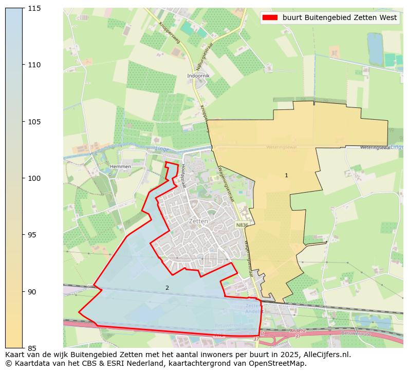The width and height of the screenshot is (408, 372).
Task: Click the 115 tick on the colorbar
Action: coord(34,8)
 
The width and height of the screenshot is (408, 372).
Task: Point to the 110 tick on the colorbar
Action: coord(34,65)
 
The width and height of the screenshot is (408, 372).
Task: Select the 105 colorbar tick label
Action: coord(34,122)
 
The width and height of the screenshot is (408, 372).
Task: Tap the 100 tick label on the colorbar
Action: coord(34,178)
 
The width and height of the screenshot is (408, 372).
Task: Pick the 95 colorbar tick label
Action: coord(34,235)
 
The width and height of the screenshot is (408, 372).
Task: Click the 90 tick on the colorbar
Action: coord(34,291)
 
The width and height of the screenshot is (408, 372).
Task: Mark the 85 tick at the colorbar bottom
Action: coord(34,348)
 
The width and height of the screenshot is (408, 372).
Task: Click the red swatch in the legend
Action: coord(270,17)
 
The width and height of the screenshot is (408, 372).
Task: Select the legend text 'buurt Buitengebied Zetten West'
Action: coord(340,17)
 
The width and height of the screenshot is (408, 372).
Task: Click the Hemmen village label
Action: coord(120,167)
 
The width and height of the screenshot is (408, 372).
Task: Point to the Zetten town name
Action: coord(198,221)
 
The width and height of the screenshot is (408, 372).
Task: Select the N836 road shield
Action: coord(242,225)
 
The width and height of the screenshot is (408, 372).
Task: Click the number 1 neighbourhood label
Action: coord(286,176)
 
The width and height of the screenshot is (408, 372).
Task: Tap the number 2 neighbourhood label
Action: coord(167,288)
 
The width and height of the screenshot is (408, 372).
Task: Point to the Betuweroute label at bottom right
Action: coord(368,332)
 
